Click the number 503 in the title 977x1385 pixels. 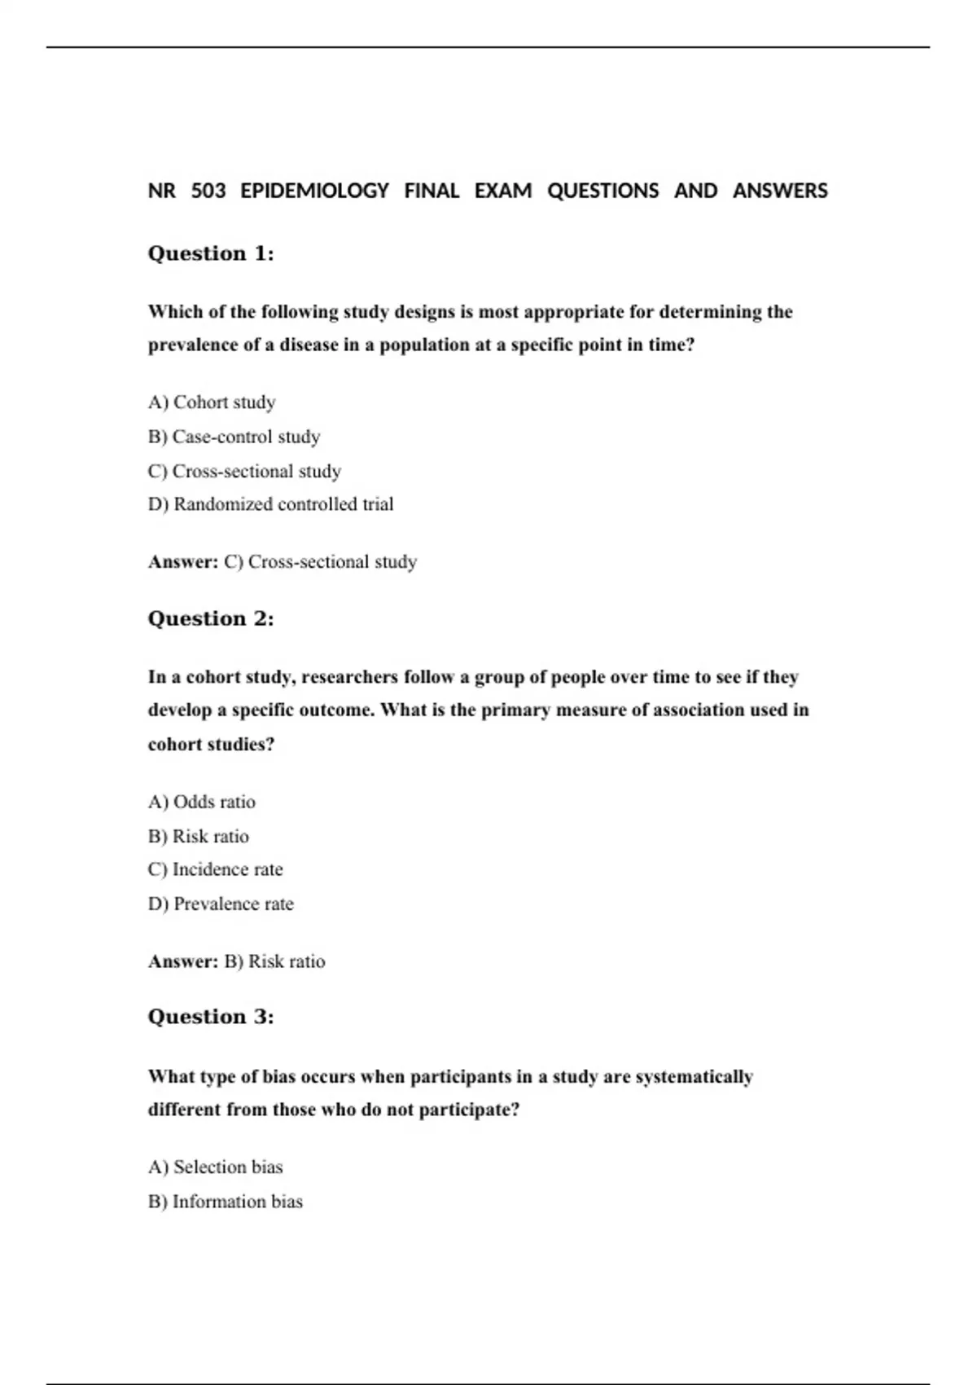click(208, 191)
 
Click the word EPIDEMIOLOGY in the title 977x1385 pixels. click(314, 191)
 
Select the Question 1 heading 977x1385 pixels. click(211, 253)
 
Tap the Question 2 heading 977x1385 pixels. click(211, 618)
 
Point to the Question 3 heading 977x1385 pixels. click(211, 1017)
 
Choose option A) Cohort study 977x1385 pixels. click(212, 402)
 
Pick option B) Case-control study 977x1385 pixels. click(234, 437)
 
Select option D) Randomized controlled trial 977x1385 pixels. click(270, 504)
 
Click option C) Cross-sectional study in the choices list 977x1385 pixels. click(244, 471)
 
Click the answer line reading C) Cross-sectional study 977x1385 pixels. click(320, 562)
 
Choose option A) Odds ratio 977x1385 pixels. click(202, 802)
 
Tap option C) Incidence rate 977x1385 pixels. click(216, 869)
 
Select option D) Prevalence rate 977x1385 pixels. click(221, 904)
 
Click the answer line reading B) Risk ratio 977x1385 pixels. click(274, 961)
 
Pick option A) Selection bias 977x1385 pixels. click(216, 1167)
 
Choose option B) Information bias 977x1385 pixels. click(226, 1202)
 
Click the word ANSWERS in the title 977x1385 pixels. click(780, 191)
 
